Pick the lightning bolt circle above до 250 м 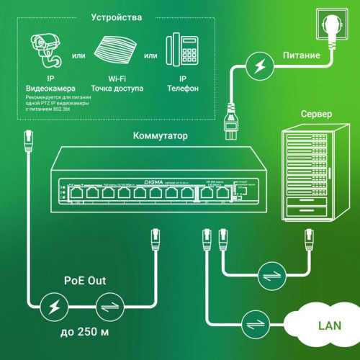pyautogui.click(x=55, y=306)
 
